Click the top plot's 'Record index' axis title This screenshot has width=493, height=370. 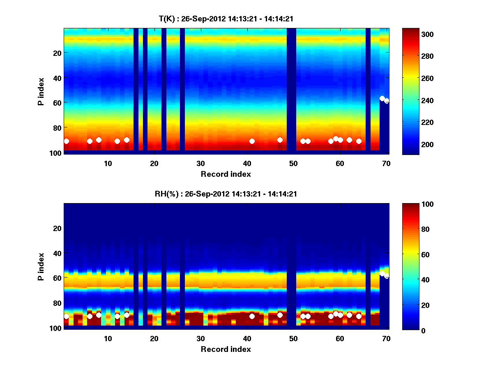pos(226,174)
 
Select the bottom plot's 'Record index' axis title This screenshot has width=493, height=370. pos(226,349)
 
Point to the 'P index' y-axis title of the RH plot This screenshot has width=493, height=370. pos(41,267)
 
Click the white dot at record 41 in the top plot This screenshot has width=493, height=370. pos(252,141)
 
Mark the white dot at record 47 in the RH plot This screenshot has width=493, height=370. pos(280,315)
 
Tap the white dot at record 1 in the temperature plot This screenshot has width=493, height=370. pos(66,141)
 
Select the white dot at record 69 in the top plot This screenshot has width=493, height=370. pos(382,98)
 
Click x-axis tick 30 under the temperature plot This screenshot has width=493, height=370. pos(200,163)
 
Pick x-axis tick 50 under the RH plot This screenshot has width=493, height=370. pos(293,338)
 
